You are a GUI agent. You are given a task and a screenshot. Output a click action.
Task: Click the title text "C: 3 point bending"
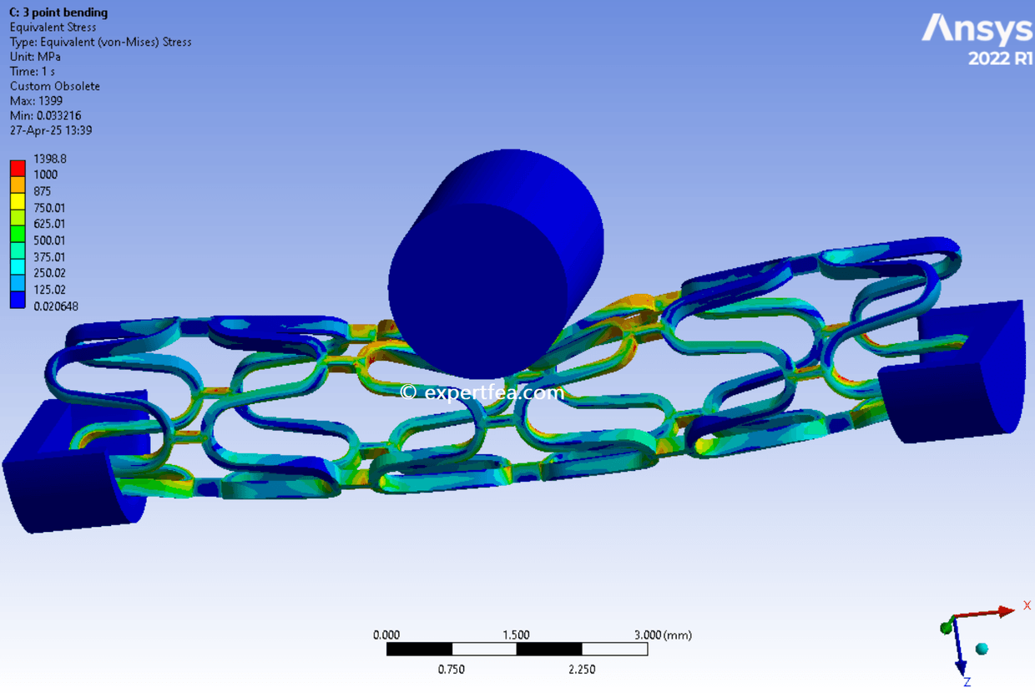tap(58, 13)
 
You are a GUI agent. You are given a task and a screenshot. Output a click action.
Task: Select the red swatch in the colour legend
tap(17, 166)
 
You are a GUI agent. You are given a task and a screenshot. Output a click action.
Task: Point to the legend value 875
tap(42, 191)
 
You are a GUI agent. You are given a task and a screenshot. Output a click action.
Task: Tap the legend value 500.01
tap(49, 240)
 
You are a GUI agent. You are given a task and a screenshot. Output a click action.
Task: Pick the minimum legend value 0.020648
tap(55, 306)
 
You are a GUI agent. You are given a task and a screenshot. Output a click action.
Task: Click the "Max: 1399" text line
tap(36, 101)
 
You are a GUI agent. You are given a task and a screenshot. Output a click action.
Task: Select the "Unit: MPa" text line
tap(35, 57)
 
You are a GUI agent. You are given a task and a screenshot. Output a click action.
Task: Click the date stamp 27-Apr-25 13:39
tap(51, 130)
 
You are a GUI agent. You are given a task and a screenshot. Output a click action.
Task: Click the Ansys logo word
tap(977, 30)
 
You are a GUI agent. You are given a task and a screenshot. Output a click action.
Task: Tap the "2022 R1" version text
tap(1000, 59)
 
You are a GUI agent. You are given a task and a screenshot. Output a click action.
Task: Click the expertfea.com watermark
tap(482, 392)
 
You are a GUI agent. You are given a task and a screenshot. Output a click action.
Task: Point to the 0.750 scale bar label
tap(452, 669)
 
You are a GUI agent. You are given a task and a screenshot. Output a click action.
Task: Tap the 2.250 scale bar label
tap(582, 669)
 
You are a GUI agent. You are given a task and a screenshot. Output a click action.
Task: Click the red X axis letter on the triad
tap(1027, 605)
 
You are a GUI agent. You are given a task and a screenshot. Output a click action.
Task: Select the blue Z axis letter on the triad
tap(967, 682)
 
